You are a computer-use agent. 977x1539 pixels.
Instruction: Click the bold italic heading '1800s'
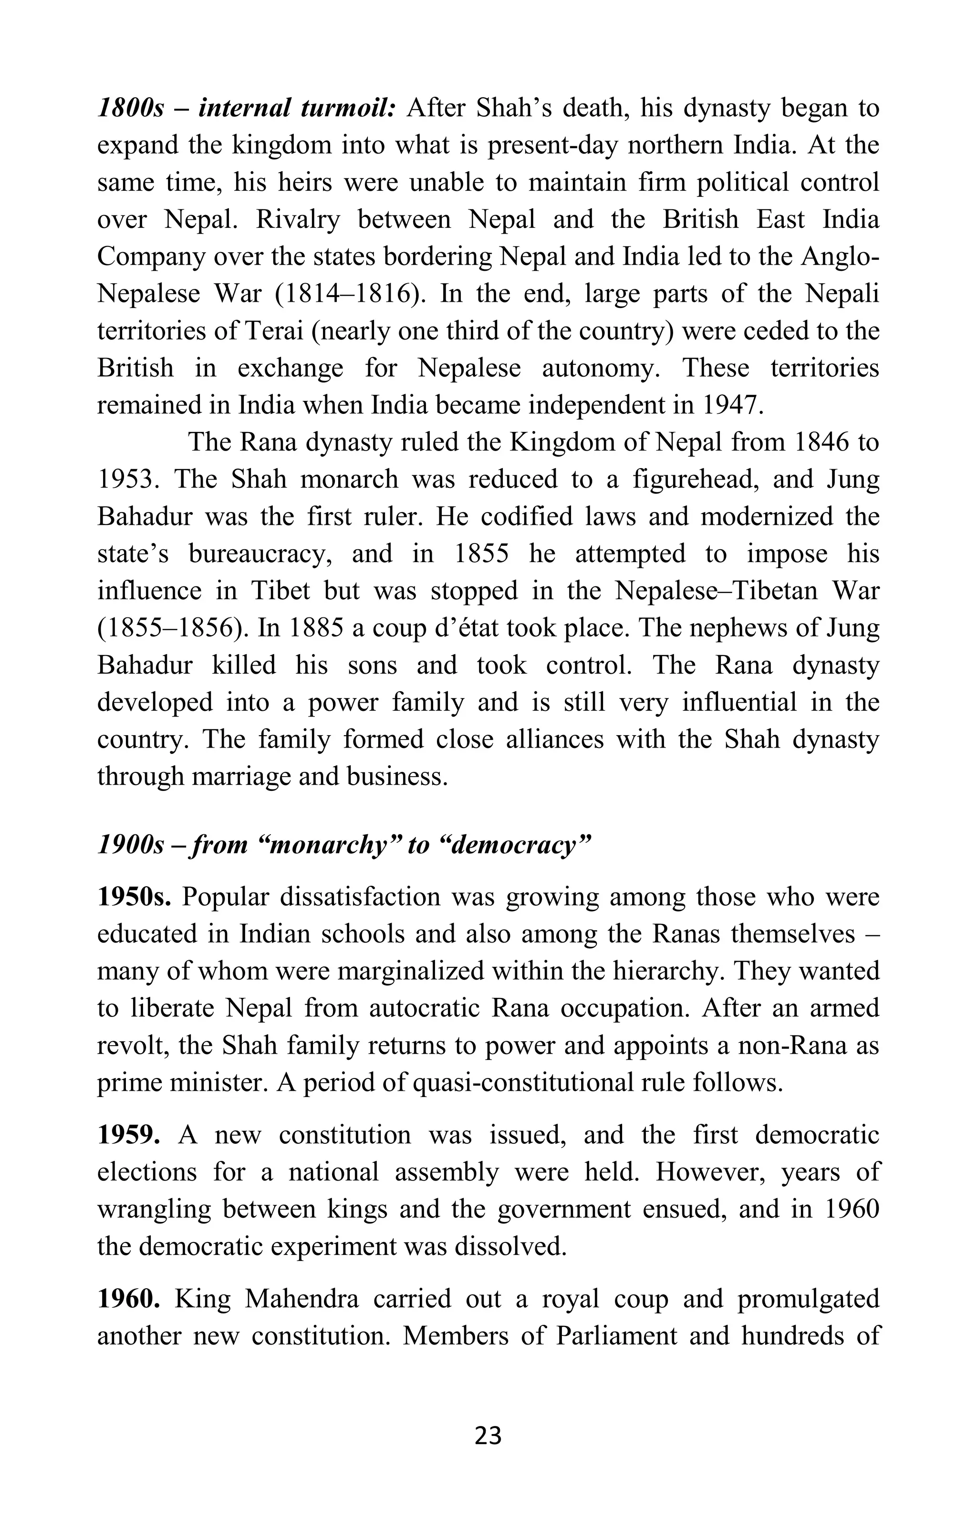point(130,109)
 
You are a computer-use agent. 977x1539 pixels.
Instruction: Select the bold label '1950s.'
point(133,897)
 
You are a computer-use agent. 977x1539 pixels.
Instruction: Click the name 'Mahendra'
point(301,1299)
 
